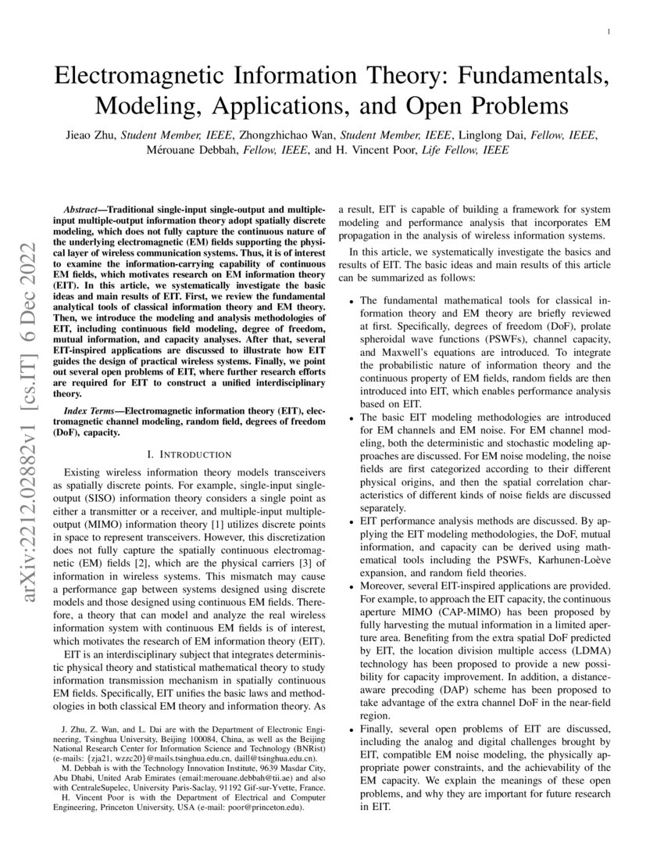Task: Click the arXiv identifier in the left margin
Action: pos(34,423)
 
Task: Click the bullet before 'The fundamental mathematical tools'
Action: pos(352,301)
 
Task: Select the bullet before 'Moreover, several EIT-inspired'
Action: pos(352,586)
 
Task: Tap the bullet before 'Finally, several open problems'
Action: pos(352,729)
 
